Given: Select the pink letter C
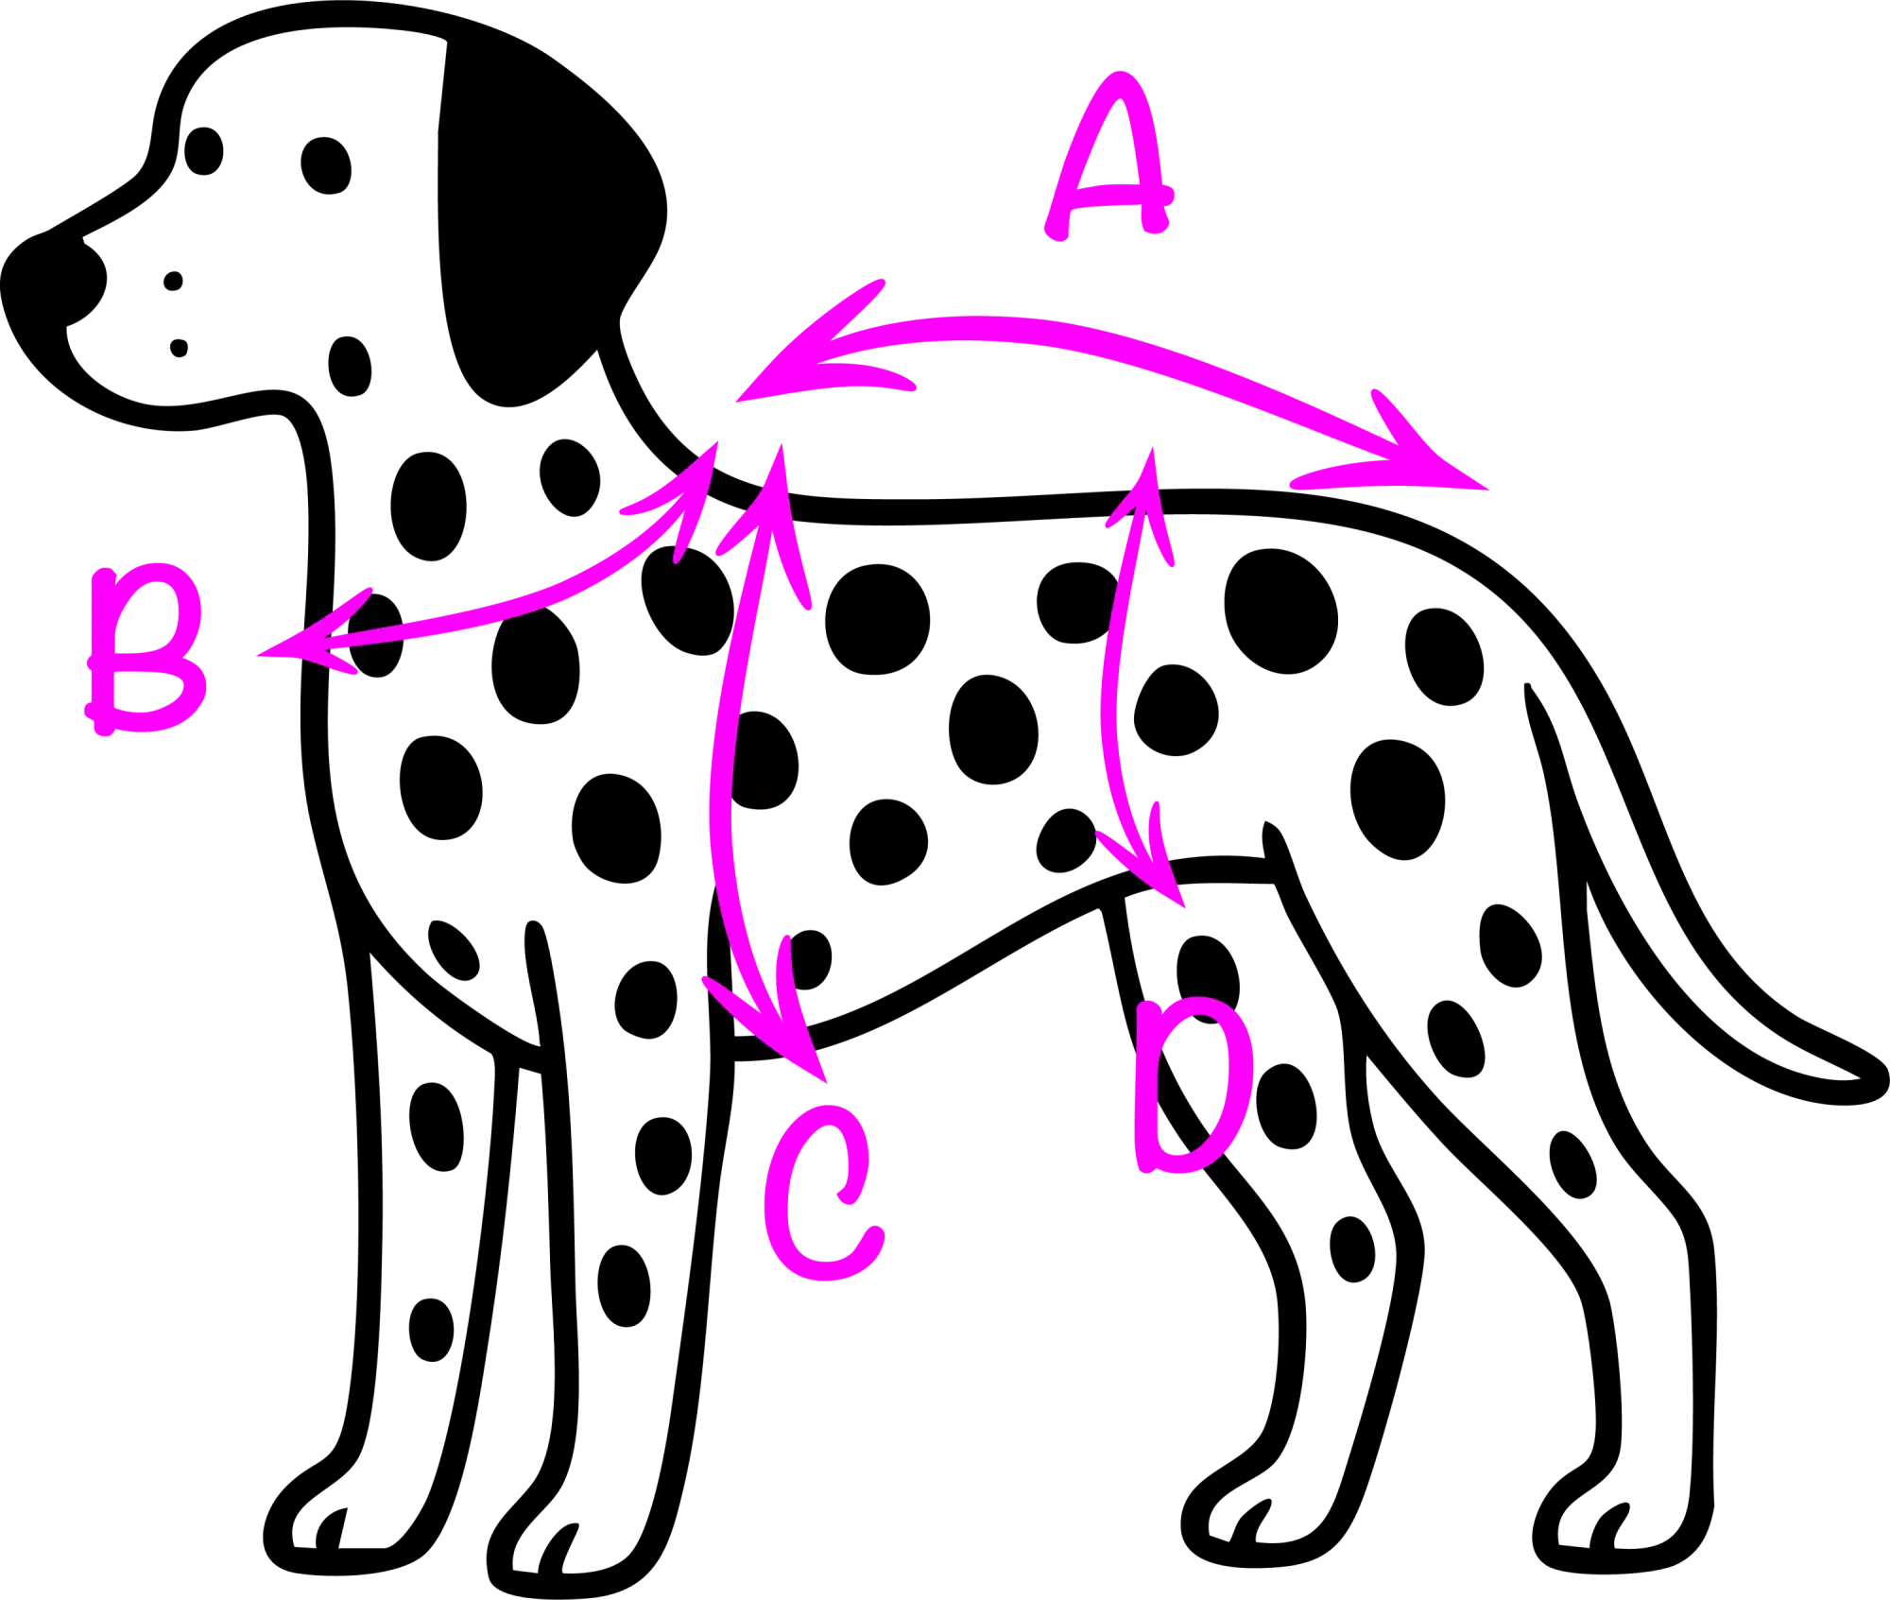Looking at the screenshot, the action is tap(823, 1194).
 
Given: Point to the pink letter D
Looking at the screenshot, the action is tap(1194, 1086).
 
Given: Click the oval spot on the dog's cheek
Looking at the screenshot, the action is tap(350, 366).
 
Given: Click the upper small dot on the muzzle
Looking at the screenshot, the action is tap(173, 281).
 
